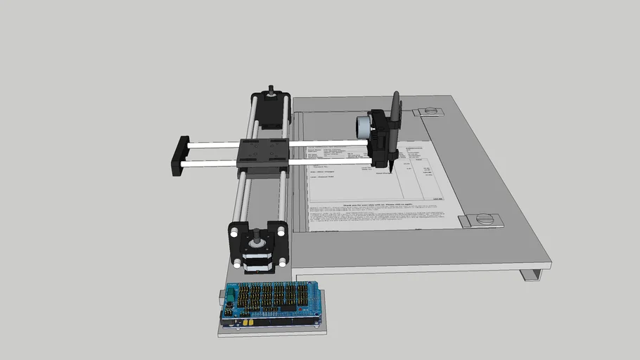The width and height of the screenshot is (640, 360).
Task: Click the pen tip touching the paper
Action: (389, 169)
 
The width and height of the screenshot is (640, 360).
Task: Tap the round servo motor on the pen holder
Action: (361, 127)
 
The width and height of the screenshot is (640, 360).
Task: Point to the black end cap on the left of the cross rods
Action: (177, 155)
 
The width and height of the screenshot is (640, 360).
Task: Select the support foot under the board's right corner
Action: (533, 274)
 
